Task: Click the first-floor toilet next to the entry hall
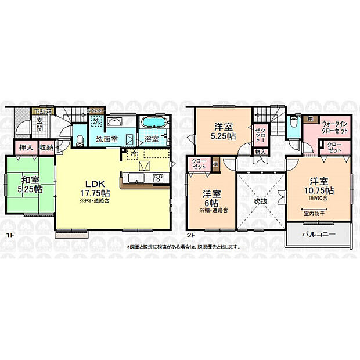[80, 139]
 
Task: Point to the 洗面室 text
[106, 140]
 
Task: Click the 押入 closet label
[24, 148]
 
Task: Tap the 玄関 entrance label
[40, 124]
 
